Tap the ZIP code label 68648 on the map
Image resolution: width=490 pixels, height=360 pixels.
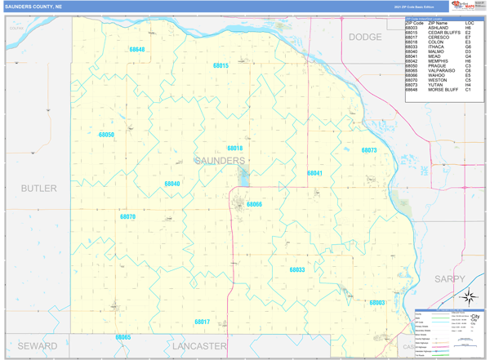point(136,50)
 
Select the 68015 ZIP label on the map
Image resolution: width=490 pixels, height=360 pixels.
point(220,64)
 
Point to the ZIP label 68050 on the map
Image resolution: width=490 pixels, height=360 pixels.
point(106,134)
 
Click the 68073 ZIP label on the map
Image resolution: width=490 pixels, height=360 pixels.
point(369,150)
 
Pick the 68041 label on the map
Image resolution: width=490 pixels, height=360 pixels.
point(314,173)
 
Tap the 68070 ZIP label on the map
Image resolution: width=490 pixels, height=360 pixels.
point(127,217)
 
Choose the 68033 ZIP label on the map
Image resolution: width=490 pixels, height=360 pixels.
point(297,269)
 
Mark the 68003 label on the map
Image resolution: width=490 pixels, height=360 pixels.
point(377,303)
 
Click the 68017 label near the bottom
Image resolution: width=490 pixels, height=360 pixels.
point(203,322)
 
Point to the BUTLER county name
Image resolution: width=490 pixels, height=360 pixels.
point(39,189)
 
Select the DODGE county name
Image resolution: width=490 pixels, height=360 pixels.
point(365,38)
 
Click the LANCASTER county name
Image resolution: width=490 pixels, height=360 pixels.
point(199,346)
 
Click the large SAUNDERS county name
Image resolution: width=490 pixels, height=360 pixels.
point(220,161)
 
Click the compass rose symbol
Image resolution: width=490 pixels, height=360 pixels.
point(470,299)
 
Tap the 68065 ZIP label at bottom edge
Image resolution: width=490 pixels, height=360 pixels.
point(122,336)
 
